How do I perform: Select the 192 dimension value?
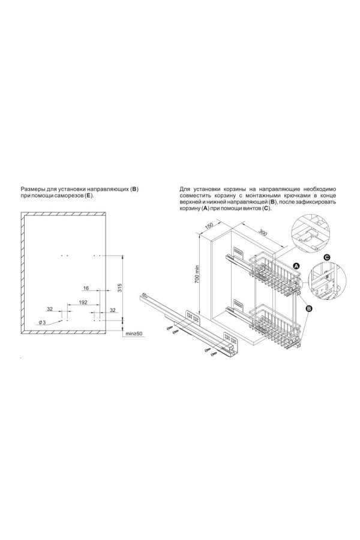83,302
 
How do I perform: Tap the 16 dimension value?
86,288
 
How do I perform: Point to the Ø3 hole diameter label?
42,322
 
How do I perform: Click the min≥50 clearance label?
134,334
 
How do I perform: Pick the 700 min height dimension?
197,274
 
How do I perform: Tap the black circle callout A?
296,266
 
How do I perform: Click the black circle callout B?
308,308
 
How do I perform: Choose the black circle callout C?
326,257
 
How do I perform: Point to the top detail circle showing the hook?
310,234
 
